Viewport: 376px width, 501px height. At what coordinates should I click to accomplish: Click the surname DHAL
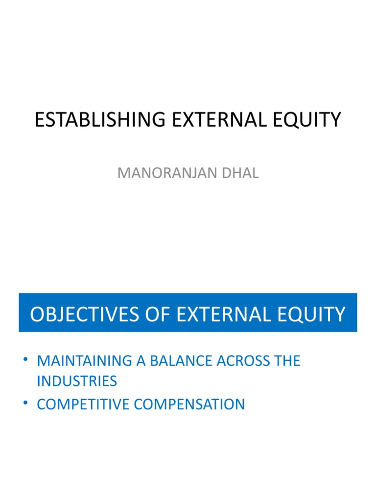click(x=239, y=173)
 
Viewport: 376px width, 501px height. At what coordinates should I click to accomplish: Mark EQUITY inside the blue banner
click(x=315, y=314)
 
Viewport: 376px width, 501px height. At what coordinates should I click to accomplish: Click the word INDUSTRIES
click(x=77, y=381)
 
